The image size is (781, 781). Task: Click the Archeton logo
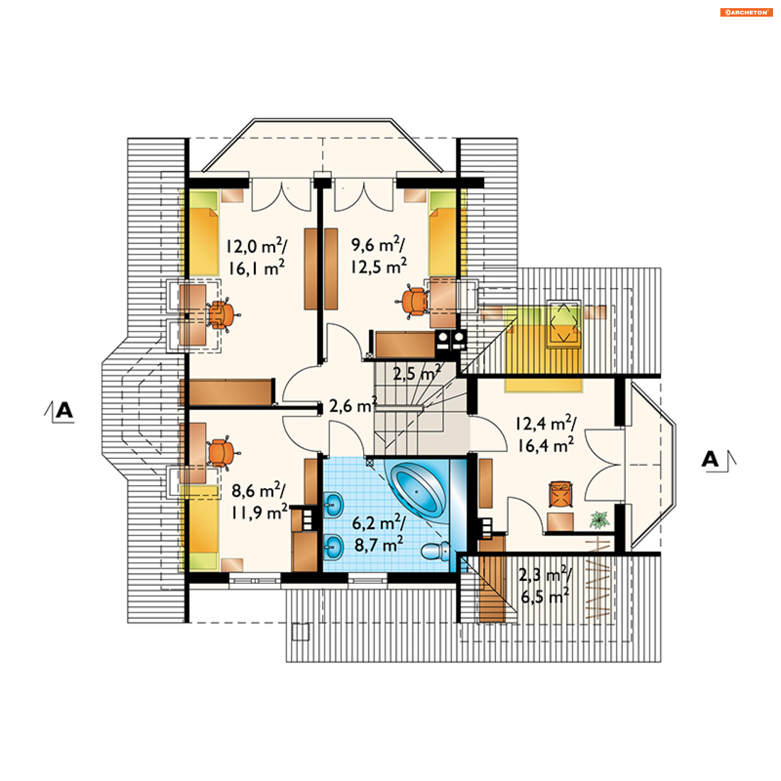(746, 12)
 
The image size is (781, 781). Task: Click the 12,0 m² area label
(256, 246)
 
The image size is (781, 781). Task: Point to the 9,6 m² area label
(377, 244)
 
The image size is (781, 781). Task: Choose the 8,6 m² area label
(258, 490)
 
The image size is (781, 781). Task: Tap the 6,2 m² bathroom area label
(379, 523)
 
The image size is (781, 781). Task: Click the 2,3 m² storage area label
(545, 575)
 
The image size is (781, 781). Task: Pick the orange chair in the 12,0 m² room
(222, 315)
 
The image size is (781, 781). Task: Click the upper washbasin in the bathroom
(334, 504)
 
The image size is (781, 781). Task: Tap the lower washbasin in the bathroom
(334, 547)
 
